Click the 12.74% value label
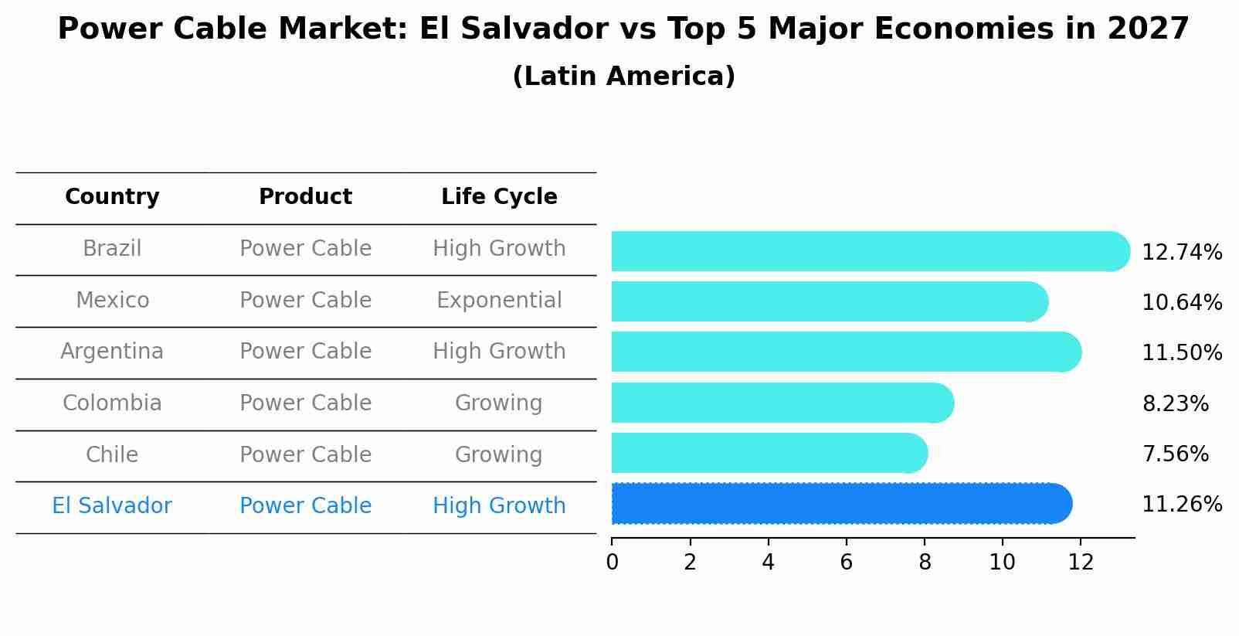(1181, 253)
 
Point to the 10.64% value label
(1181, 303)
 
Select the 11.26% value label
(1181, 505)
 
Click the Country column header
(112, 197)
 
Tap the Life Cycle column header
(499, 197)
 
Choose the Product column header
(305, 197)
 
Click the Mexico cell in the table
(112, 300)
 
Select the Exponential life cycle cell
(499, 300)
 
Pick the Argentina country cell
(112, 352)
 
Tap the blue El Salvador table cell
(112, 506)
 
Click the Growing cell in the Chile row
(498, 454)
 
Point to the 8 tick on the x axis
(925, 562)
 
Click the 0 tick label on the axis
(612, 562)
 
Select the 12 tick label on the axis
(1081, 562)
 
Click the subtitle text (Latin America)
(623, 77)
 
